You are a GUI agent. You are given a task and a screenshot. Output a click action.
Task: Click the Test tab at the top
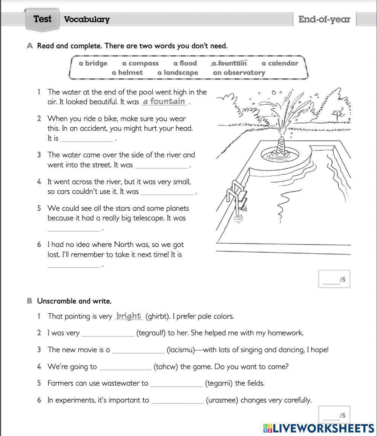coord(42,19)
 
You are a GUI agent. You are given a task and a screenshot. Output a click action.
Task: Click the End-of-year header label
coord(324,19)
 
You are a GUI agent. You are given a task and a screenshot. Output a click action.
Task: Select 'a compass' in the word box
coord(140,63)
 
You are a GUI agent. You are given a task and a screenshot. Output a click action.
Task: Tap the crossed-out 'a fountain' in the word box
coord(229,63)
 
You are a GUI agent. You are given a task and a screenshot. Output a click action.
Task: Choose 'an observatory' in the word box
coord(239,73)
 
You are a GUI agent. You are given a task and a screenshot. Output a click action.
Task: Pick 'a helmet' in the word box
coord(127,73)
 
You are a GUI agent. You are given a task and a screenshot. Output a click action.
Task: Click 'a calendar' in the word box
coord(280,63)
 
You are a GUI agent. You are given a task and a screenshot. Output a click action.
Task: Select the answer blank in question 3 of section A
coord(161,165)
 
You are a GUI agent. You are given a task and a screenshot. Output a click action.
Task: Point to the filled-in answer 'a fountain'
coord(164,101)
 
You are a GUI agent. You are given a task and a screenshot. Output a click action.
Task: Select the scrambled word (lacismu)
coord(181,350)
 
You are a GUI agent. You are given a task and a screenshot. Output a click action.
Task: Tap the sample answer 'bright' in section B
coord(129,316)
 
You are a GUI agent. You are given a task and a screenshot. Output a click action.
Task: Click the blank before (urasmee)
coord(177,401)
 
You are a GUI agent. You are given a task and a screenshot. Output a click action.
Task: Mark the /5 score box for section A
coord(334,279)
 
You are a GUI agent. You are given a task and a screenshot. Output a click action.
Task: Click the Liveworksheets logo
coord(319,428)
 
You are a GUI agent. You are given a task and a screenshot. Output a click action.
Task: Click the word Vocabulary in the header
coord(87,20)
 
